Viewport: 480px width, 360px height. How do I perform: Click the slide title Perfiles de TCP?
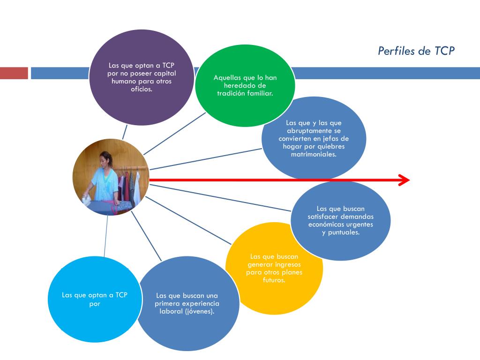pyautogui.click(x=416, y=51)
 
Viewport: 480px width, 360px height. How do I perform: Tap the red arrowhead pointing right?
pyautogui.click(x=404, y=180)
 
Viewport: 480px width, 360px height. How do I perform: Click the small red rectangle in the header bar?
pyautogui.click(x=14, y=73)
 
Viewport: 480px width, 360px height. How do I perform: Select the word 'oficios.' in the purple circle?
pyautogui.click(x=142, y=89)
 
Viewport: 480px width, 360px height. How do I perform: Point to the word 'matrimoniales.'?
pyautogui.click(x=314, y=154)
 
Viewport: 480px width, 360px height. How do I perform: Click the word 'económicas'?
pyautogui.click(x=324, y=225)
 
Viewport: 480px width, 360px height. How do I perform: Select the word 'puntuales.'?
pyautogui.click(x=344, y=232)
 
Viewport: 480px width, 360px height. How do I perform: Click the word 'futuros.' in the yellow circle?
pyautogui.click(x=274, y=280)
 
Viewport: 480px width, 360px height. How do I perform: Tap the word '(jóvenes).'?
pyautogui.click(x=199, y=311)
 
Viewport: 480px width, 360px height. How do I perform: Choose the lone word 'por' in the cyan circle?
pyautogui.click(x=95, y=304)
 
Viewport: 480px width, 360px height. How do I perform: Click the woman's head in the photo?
pyautogui.click(x=105, y=159)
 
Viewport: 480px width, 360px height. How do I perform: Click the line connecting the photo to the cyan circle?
pyautogui.click(x=106, y=236)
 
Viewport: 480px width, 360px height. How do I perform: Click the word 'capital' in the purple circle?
pyautogui.click(x=165, y=74)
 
